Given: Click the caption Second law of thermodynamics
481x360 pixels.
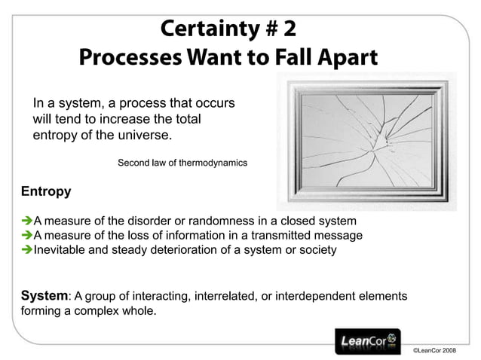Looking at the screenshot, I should [182, 163].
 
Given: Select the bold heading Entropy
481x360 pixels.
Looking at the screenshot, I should [46, 191].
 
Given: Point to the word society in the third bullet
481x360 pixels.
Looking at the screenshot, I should [317, 249].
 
